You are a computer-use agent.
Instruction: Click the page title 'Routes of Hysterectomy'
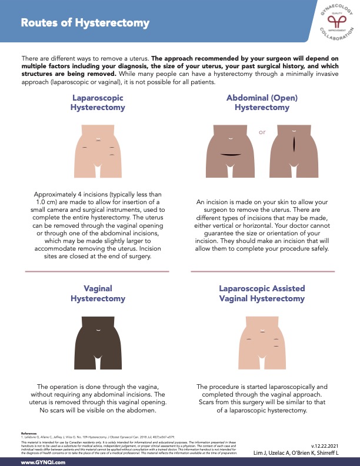click(85, 23)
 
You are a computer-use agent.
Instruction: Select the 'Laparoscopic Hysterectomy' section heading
click(97, 103)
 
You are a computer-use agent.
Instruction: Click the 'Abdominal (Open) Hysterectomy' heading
click(262, 103)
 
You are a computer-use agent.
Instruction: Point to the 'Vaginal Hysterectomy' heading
click(97, 294)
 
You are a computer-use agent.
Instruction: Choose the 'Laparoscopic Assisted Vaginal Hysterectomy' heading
click(262, 294)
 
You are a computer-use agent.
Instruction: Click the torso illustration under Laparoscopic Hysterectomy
click(98, 153)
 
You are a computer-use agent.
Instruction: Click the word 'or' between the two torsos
click(262, 133)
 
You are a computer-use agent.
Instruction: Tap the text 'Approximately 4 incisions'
click(74, 195)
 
